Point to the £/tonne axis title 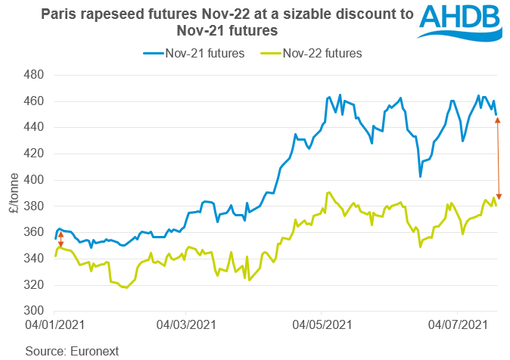[x=14, y=193]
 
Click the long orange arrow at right [x=498, y=158]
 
